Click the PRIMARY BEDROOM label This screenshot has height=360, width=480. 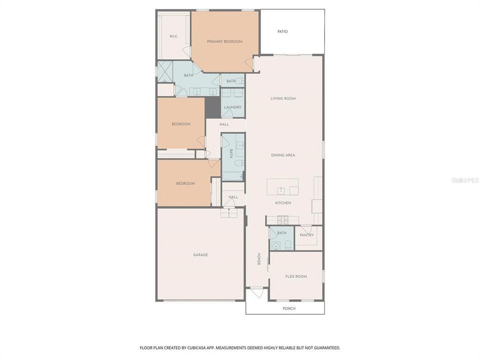coord(224,41)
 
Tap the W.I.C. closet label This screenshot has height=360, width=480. coord(173,36)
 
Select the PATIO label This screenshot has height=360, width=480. coord(282,31)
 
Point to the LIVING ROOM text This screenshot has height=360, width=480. coord(283,98)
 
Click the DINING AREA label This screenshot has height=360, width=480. coord(283,155)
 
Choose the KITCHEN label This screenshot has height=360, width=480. coord(283,202)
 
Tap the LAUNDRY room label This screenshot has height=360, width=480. coord(232,107)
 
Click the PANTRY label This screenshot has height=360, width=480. coord(306,235)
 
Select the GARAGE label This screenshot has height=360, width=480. coord(200,254)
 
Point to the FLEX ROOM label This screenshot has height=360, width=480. coord(296,276)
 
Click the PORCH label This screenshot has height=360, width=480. coord(289,308)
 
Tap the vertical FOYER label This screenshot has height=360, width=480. coord(259,258)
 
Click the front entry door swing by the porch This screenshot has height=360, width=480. coord(257,293)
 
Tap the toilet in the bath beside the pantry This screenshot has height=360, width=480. coord(287,244)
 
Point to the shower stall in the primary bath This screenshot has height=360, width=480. coord(165,71)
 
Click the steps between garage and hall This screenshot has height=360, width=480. coord(228,213)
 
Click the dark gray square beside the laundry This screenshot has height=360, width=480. coord(213,107)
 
